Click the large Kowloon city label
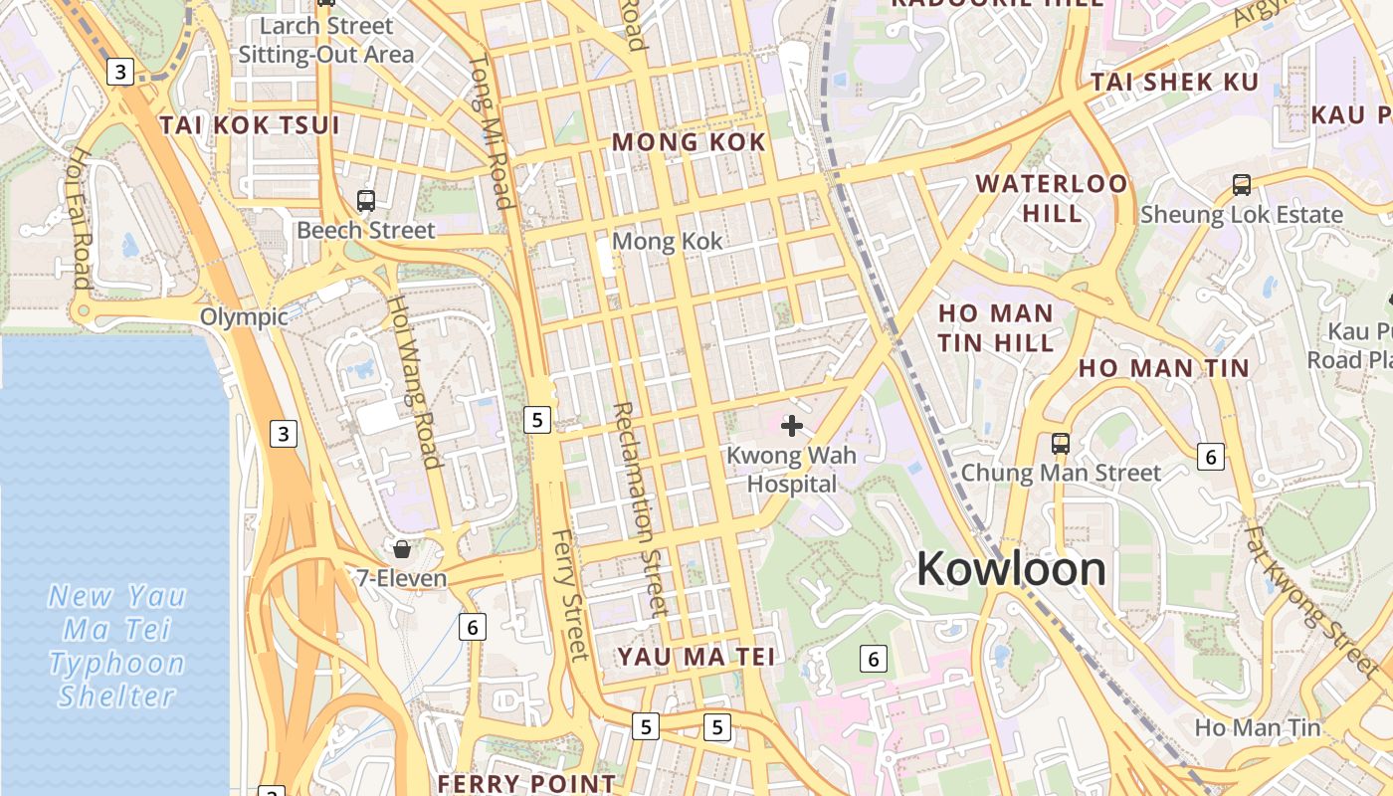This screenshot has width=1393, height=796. point(1011,569)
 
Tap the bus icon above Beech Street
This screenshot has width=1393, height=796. point(366,201)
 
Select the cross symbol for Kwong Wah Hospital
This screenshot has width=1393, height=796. point(792,427)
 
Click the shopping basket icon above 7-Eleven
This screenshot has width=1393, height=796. point(402,548)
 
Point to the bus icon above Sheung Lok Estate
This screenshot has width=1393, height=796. point(1242,184)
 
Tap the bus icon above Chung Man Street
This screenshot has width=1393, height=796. point(1061,443)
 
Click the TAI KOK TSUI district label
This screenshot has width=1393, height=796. point(250,125)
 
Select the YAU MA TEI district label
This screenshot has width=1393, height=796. point(696,657)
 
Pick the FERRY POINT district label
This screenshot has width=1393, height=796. point(526,783)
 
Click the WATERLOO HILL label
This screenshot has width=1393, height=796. point(1052,198)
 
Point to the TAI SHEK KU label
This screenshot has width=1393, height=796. point(1175,83)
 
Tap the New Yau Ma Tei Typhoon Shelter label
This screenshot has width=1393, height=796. point(117,646)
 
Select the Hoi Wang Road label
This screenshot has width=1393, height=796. point(413,381)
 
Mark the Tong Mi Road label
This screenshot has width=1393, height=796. point(492,131)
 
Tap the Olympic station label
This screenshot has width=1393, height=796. point(244,317)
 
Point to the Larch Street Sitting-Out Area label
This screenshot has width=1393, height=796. point(325,40)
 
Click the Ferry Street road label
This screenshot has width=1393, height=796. point(570,594)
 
